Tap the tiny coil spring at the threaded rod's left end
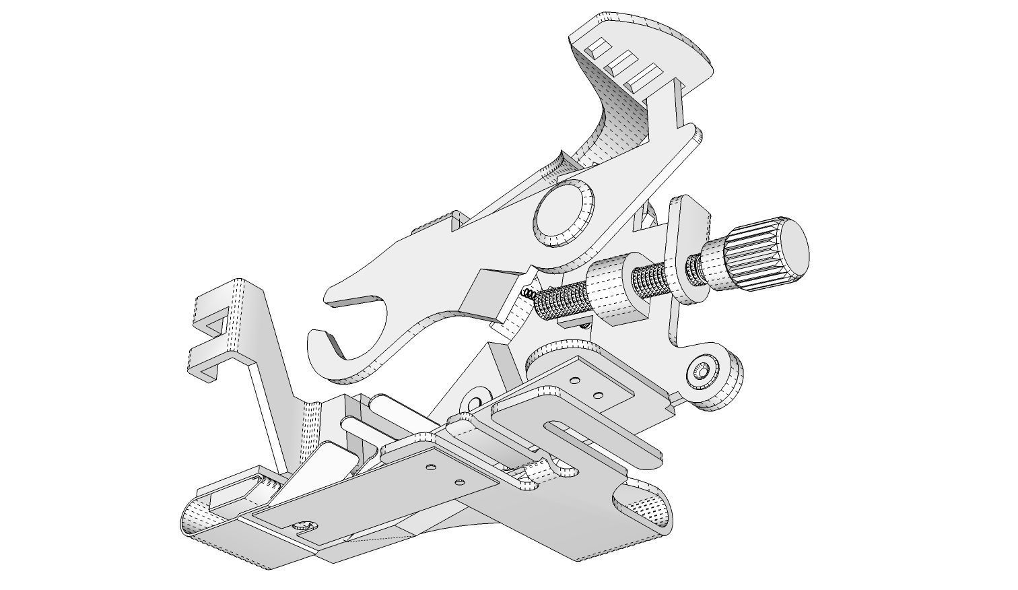click(529, 293)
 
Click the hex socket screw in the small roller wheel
click(702, 371)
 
